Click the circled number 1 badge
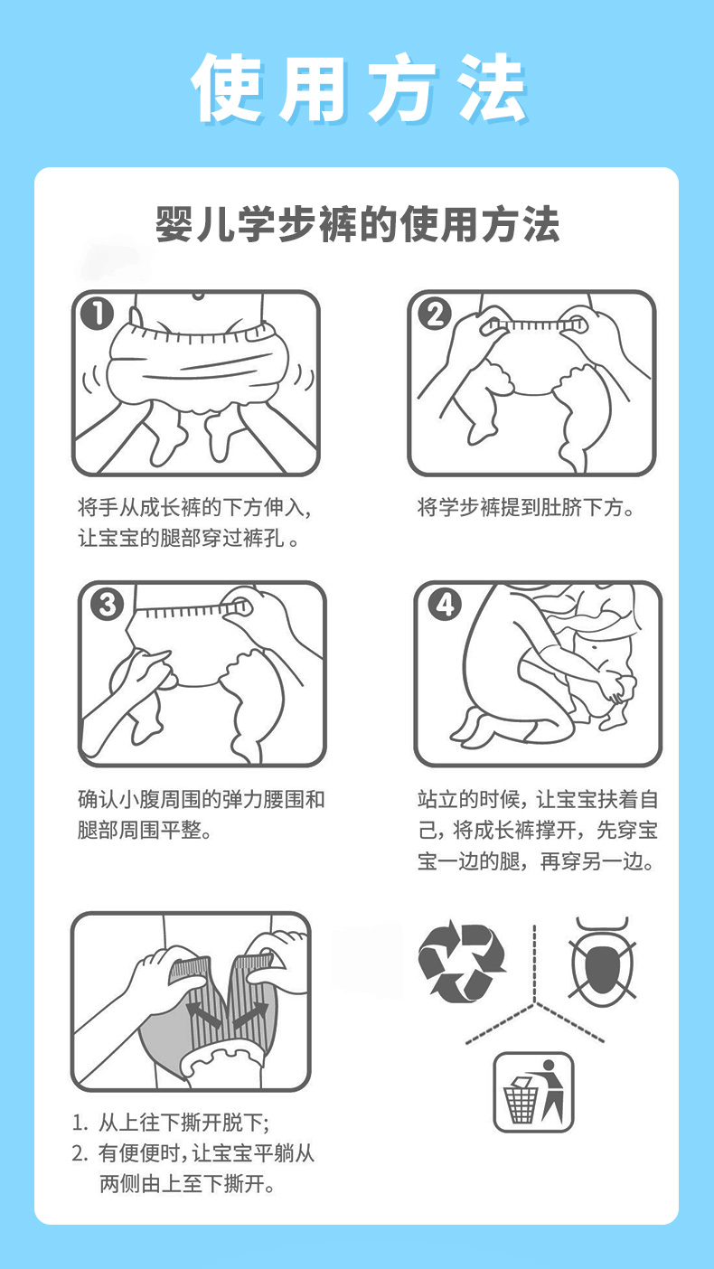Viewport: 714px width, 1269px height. tap(97, 315)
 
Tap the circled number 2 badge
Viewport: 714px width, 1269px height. tap(435, 315)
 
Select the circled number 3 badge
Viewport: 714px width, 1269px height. tap(107, 605)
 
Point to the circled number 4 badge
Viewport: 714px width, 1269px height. tap(445, 605)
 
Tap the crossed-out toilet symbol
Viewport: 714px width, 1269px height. tap(602, 959)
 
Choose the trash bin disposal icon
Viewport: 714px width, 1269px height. tap(533, 1092)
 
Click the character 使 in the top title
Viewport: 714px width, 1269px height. tap(227, 88)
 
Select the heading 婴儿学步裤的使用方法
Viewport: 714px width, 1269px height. tap(358, 225)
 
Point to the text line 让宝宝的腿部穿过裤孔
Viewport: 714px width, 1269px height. tap(188, 538)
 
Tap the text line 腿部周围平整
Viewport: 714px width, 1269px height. tap(145, 831)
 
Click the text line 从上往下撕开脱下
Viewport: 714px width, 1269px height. tap(171, 1123)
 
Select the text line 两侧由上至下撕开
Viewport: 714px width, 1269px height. tap(187, 1183)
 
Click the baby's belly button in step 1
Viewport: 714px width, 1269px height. tap(198, 296)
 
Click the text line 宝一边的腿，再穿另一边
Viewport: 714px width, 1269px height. tap(537, 861)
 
